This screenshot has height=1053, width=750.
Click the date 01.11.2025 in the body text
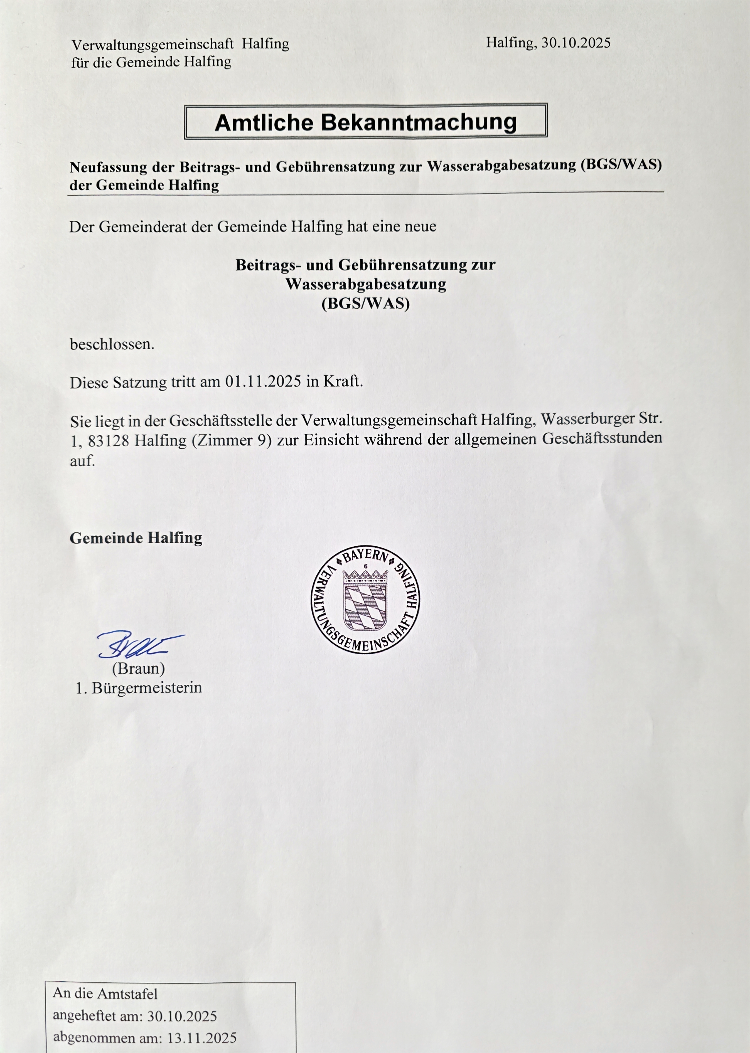click(x=263, y=382)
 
